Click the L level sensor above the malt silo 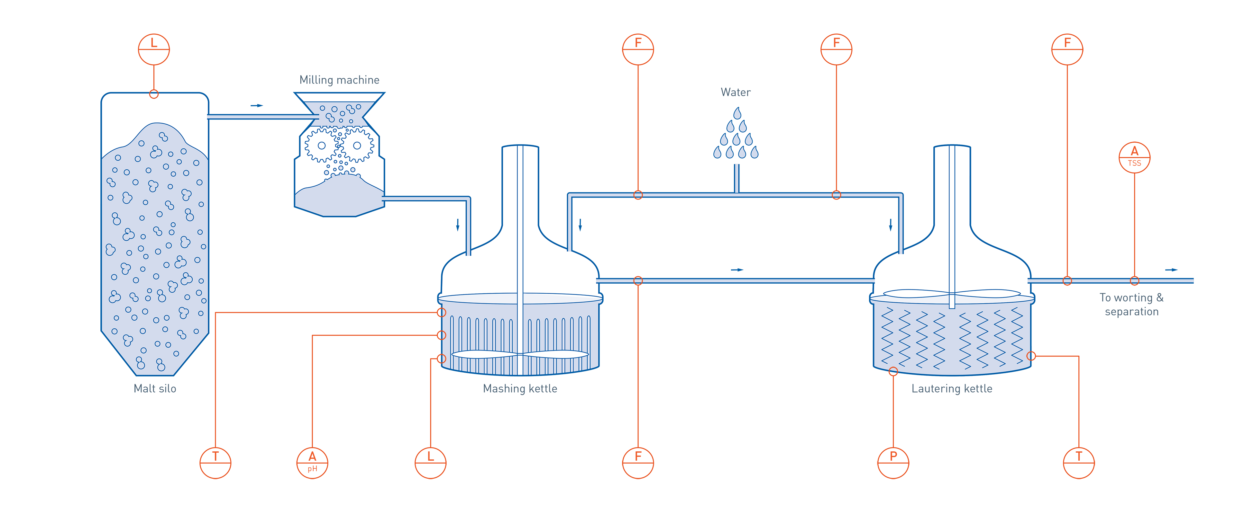pos(154,49)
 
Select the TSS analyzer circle pos(1134,157)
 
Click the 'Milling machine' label pos(339,80)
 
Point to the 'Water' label pos(736,92)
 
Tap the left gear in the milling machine pos(322,145)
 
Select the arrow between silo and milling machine pos(257,105)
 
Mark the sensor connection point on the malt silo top pos(154,94)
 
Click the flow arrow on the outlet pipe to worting pos(1171,270)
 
